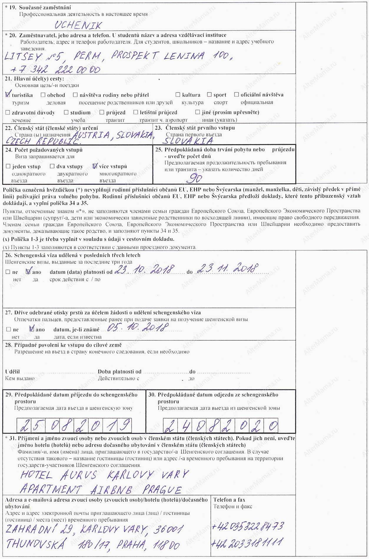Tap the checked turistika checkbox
pyautogui.click(x=8, y=95)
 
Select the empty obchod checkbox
pyautogui.click(x=43, y=95)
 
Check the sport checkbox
pyautogui.click(x=209, y=95)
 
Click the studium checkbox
pyautogui.click(x=66, y=112)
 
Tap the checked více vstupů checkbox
pyautogui.click(x=95, y=166)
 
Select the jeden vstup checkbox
pyautogui.click(x=8, y=167)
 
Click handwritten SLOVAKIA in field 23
pyautogui.click(x=189, y=141)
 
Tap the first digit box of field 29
pyautogui.click(x=24, y=425)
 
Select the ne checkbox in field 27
pyautogui.click(x=8, y=329)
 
